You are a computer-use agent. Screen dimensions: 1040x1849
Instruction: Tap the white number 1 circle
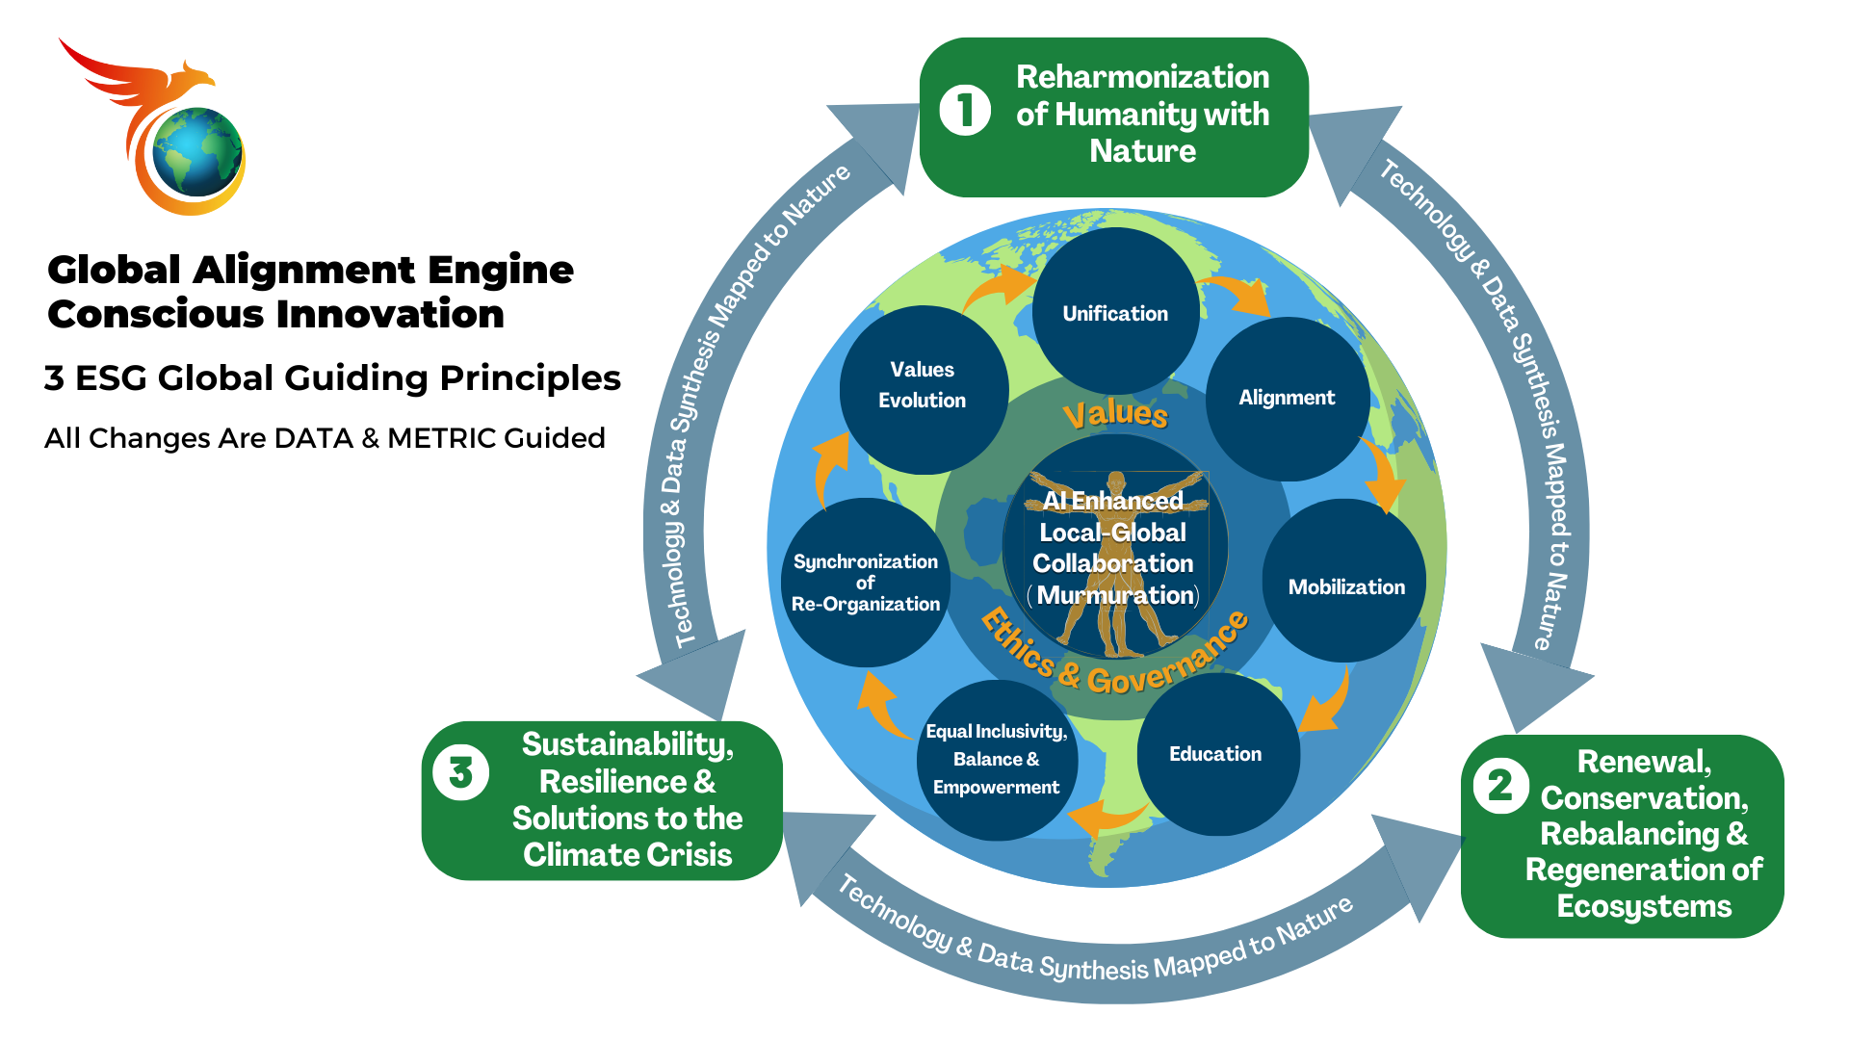pos(965,110)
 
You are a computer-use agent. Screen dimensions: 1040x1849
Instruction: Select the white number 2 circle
pos(1500,786)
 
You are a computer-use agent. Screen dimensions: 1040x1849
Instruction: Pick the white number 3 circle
pos(460,772)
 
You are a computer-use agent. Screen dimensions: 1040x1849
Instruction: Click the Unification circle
pos(1115,312)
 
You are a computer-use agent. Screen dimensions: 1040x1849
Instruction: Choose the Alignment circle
pos(1288,398)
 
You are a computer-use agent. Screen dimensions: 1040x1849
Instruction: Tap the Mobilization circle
pos(1345,585)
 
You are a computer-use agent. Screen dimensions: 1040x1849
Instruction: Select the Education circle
pos(1216,754)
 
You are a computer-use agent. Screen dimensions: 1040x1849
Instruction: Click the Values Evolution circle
pos(923,387)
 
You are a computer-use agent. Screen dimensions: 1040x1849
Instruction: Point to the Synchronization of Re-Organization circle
pos(865,583)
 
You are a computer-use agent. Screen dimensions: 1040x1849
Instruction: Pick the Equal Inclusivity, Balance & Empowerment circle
pos(997,760)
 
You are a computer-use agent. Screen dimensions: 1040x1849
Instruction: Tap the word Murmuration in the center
pos(1115,596)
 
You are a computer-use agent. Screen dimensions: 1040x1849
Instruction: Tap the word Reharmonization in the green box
pos(1142,77)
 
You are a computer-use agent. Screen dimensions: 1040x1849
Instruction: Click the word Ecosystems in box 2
pos(1644,907)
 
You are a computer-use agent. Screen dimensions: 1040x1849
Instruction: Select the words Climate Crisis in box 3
pos(627,855)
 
